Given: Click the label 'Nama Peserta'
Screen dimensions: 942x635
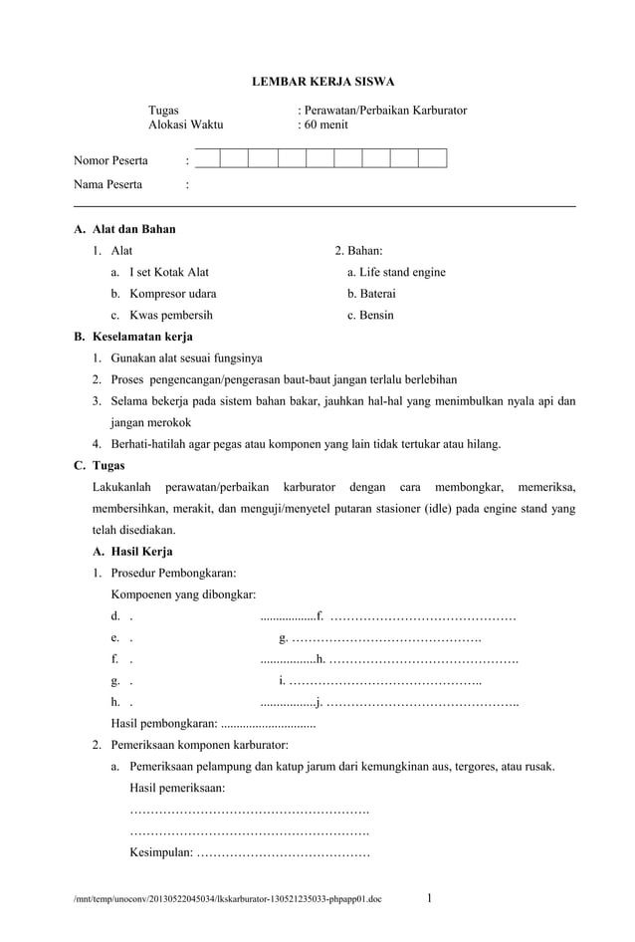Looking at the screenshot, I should (107, 184).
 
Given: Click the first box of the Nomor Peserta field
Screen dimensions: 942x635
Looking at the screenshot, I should (206, 158).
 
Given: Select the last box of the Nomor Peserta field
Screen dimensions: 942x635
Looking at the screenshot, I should (432, 158).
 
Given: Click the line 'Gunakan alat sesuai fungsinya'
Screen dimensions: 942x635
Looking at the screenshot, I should (179, 358).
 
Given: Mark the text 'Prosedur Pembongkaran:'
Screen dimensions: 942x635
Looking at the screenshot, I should (173, 573).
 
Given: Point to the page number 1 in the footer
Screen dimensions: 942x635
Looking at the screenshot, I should (429, 900).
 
